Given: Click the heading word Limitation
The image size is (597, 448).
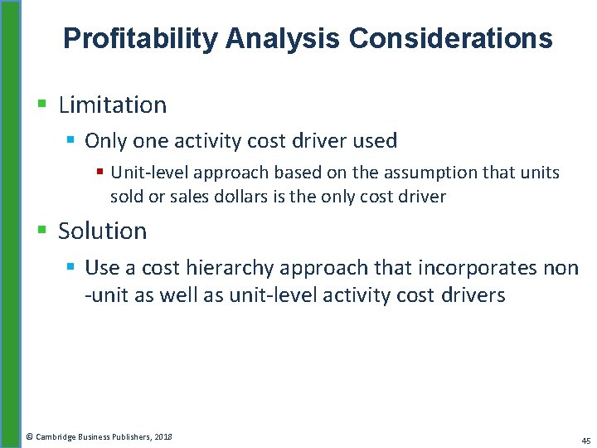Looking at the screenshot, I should click(x=113, y=105).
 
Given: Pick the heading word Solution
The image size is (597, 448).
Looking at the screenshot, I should click(x=103, y=231).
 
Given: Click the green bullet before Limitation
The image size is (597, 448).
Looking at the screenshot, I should click(x=42, y=105).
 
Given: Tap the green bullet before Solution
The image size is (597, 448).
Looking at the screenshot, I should click(x=42, y=231).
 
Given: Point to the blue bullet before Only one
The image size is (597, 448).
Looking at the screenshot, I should click(x=70, y=140).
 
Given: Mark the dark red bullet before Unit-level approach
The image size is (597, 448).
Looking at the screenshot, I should click(x=99, y=173).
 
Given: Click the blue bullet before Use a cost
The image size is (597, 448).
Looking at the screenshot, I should click(x=70, y=266).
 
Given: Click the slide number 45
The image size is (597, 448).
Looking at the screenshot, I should click(x=585, y=441).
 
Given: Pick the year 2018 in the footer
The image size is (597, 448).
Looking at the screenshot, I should click(x=163, y=436).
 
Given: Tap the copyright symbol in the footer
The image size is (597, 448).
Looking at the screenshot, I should click(x=29, y=436).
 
